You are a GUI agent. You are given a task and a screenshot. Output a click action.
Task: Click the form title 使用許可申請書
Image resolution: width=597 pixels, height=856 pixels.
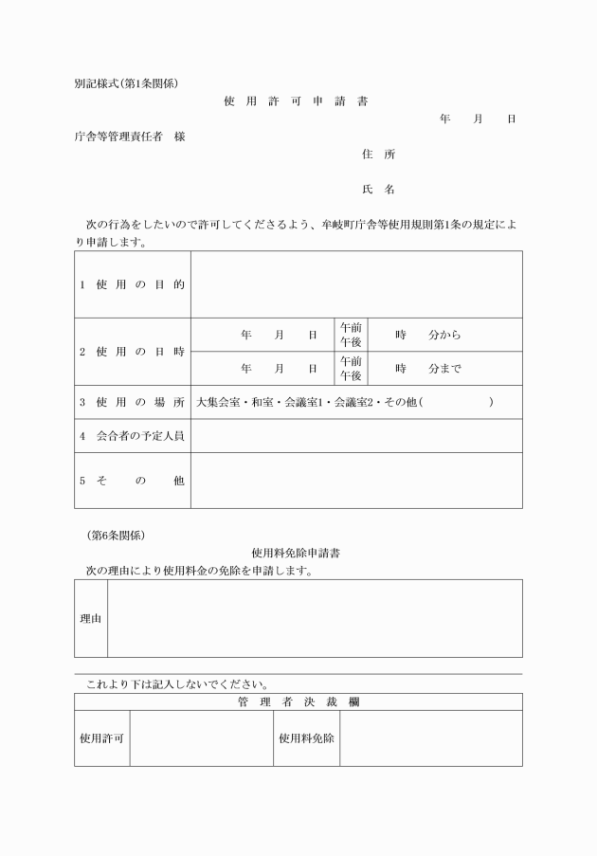click(297, 100)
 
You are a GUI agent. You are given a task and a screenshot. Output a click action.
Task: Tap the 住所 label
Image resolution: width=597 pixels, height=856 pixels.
click(378, 154)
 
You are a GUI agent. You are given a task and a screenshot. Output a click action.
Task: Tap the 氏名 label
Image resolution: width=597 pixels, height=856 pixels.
click(378, 190)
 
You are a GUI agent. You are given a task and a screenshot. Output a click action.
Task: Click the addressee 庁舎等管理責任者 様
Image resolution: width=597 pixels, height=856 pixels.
click(130, 137)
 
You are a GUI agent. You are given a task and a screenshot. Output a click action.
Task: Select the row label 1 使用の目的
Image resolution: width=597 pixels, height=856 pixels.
click(133, 284)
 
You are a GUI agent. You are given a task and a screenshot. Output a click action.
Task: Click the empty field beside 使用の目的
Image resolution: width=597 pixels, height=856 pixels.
click(356, 284)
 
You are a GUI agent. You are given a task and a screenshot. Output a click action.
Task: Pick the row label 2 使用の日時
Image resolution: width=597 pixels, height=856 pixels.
click(133, 352)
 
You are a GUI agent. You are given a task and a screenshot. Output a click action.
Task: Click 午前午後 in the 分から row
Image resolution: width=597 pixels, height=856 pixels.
click(351, 335)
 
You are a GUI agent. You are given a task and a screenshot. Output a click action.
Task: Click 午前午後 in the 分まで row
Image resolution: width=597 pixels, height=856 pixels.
click(351, 368)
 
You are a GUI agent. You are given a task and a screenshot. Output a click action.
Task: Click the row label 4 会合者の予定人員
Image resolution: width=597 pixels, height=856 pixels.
click(133, 436)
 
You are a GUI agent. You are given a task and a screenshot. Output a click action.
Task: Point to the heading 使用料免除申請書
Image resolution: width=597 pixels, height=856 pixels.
click(297, 552)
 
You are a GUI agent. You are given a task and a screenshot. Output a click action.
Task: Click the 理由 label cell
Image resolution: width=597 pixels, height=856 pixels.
click(91, 618)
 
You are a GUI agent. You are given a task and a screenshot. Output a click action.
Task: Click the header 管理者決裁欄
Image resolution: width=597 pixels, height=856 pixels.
click(298, 702)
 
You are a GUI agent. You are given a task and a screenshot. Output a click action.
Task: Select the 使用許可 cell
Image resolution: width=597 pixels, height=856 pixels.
click(102, 738)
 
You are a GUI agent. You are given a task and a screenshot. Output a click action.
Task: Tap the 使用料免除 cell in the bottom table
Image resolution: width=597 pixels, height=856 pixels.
click(306, 738)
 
